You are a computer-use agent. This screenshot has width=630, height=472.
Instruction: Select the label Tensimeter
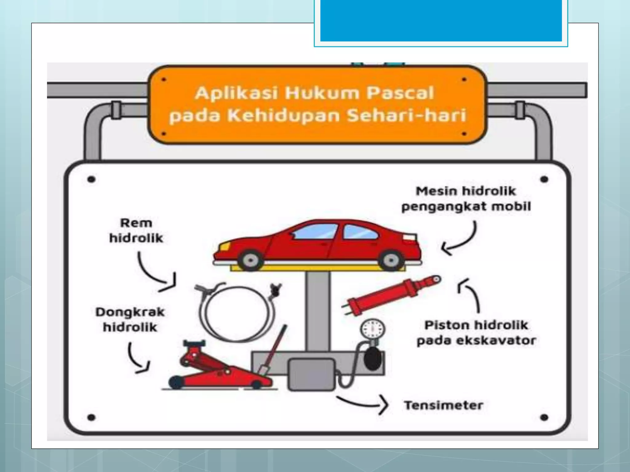point(443,405)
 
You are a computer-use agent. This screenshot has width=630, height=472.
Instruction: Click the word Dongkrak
point(130,312)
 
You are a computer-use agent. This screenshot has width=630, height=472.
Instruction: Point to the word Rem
point(136,223)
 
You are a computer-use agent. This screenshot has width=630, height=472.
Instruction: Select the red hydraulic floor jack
point(212,369)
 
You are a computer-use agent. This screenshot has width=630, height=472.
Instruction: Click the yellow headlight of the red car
point(224,246)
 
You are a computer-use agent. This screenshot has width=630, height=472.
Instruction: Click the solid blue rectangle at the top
point(441,20)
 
